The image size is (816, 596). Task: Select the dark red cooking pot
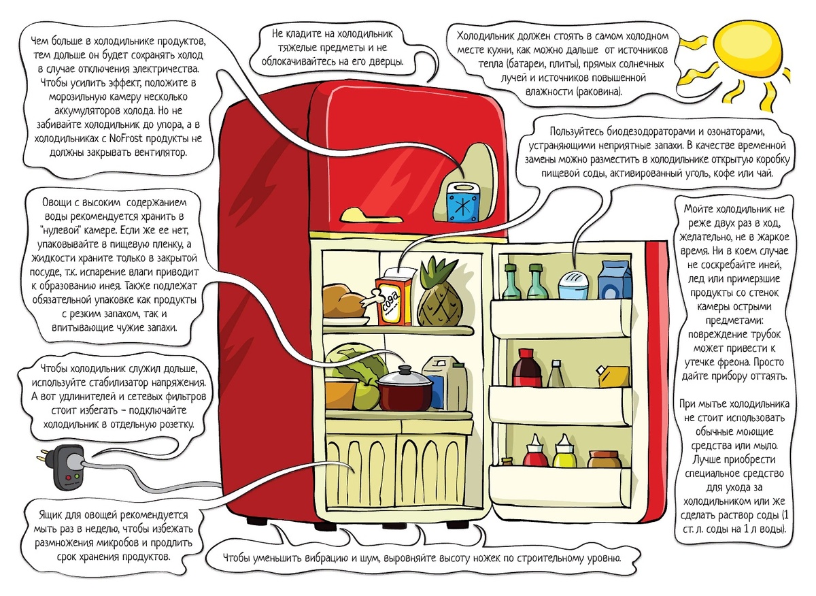point(405,391)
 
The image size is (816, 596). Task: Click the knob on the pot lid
point(406,369)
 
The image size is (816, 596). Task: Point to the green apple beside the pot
point(365,394)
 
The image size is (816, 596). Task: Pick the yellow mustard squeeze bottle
point(564,452)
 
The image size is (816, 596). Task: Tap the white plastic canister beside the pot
point(446,380)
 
